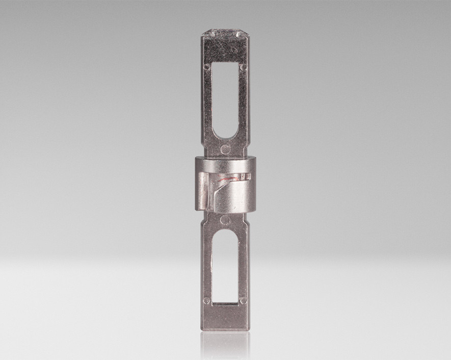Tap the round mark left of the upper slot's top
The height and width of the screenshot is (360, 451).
coord(207,67)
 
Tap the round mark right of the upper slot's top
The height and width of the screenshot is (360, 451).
coord(244,67)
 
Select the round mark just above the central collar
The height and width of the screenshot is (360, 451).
coord(225,149)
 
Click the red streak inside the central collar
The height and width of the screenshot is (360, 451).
coord(230,178)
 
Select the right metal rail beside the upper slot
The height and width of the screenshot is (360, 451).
coord(244,102)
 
